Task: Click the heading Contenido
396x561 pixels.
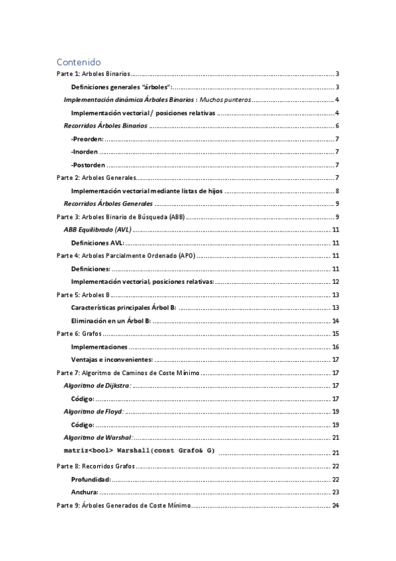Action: (x=78, y=62)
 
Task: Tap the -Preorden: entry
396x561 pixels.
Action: (x=87, y=139)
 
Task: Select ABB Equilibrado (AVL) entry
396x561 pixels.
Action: (x=98, y=230)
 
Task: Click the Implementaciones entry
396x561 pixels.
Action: (x=99, y=347)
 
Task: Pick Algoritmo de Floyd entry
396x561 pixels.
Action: (x=93, y=411)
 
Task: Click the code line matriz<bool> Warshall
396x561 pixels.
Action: (x=139, y=451)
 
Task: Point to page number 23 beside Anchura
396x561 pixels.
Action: (x=335, y=492)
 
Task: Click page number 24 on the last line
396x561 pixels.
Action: (x=335, y=505)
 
